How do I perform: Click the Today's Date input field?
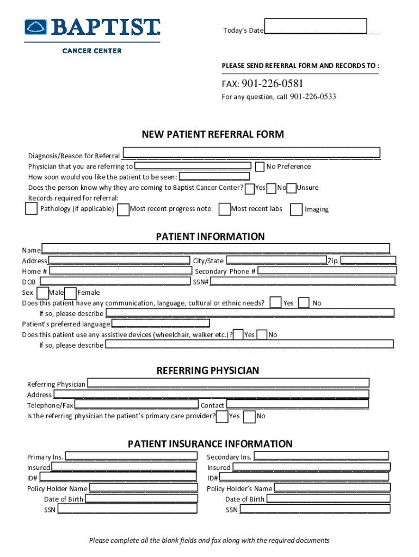point(315,26)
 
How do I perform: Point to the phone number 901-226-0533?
point(312,97)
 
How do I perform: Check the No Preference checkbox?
point(260,166)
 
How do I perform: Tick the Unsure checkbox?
point(292,188)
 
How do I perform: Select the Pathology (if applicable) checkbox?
point(32,208)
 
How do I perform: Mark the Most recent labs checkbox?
point(224,209)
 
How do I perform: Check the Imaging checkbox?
point(297,209)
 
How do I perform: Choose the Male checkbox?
point(42,293)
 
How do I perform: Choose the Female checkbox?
point(70,293)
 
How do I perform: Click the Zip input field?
point(368,261)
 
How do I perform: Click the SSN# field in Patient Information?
point(303,281)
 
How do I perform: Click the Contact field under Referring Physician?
point(297,405)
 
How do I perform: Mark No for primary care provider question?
point(249,417)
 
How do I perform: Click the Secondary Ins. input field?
point(321,456)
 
